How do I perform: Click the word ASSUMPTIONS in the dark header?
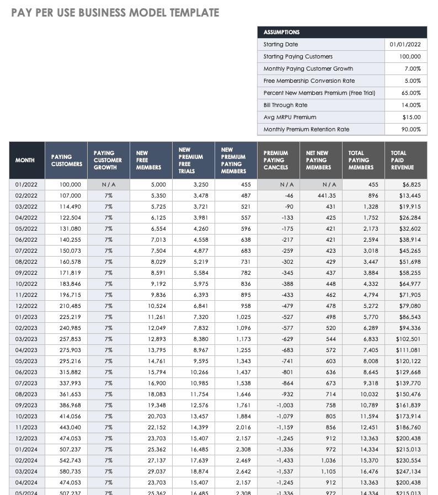[x=281, y=33]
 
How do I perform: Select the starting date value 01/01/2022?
[x=405, y=45]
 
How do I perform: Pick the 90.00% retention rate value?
[x=411, y=129]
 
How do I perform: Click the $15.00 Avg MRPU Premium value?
[x=412, y=117]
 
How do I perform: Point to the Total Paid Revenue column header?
[x=402, y=160]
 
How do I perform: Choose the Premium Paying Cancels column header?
[x=276, y=160]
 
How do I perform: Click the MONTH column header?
[x=25, y=160]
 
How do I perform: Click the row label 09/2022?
[x=26, y=273]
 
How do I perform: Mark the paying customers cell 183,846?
[x=70, y=284]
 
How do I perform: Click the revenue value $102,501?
[x=408, y=339]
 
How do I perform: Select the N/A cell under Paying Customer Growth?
[x=108, y=184]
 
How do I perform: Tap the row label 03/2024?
[x=26, y=471]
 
